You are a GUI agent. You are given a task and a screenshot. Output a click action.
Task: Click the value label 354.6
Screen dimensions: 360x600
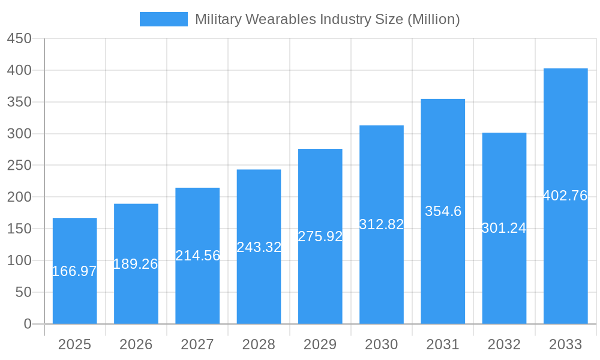(443, 211)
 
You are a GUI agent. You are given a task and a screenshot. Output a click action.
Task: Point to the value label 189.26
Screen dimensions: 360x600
(136, 264)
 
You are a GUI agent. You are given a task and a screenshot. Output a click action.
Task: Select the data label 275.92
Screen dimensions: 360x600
(320, 236)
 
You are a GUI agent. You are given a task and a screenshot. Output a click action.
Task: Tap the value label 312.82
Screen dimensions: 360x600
(382, 224)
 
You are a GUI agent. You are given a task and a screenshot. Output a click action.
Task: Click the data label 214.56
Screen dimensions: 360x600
(197, 256)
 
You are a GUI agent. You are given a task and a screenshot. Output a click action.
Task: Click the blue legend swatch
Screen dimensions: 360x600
(163, 19)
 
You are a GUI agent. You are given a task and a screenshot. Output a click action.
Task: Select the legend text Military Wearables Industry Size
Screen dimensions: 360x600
(327, 19)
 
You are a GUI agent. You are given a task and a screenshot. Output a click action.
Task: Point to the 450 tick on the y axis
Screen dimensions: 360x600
(19, 38)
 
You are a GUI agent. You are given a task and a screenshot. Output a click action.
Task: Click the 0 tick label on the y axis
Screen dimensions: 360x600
(27, 324)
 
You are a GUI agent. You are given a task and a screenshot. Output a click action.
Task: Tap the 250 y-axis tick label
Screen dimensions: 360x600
(19, 166)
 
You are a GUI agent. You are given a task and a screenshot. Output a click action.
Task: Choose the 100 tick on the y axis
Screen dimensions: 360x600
(19, 260)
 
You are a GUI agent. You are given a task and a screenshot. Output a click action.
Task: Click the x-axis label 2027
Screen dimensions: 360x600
(197, 344)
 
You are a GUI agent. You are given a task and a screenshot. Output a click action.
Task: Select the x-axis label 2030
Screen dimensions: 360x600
(382, 344)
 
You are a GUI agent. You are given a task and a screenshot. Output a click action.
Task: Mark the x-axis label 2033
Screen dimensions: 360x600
(565, 344)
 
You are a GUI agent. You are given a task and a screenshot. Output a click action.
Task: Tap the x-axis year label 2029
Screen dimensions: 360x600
(320, 344)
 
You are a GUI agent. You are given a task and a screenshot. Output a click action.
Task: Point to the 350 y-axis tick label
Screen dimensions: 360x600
(19, 102)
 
